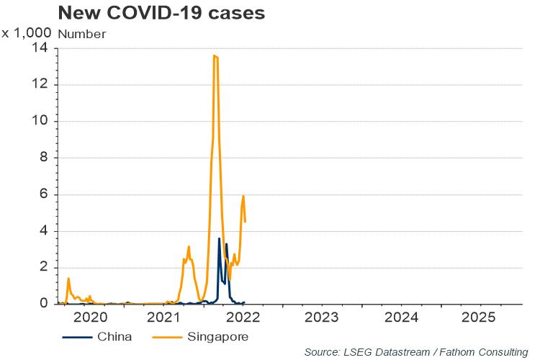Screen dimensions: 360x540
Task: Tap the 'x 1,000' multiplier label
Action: pos(26,33)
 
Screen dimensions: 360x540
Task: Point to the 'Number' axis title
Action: pos(81,34)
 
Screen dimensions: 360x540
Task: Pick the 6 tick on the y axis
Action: pos(45,194)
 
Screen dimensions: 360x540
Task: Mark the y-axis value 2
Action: pos(45,268)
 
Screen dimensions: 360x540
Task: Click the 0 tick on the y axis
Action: pos(45,305)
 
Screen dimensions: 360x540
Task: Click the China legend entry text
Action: pos(115,336)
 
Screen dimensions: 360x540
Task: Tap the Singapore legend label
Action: pos(218,336)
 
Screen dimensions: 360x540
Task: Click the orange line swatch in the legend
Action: pos(168,336)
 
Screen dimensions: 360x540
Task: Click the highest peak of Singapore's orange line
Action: pos(215,55)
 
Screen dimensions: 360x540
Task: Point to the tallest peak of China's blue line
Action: pos(219,238)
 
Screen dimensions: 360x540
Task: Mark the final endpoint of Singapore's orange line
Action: pos(246,222)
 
